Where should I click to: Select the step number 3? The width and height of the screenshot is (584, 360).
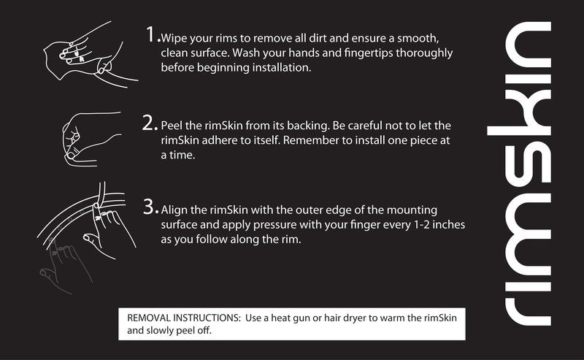pyautogui.click(x=151, y=207)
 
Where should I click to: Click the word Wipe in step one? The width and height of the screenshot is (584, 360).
pyautogui.click(x=174, y=39)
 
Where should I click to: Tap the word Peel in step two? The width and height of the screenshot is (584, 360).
pyautogui.click(x=172, y=126)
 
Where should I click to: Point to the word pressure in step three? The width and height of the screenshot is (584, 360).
pyautogui.click(x=272, y=226)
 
